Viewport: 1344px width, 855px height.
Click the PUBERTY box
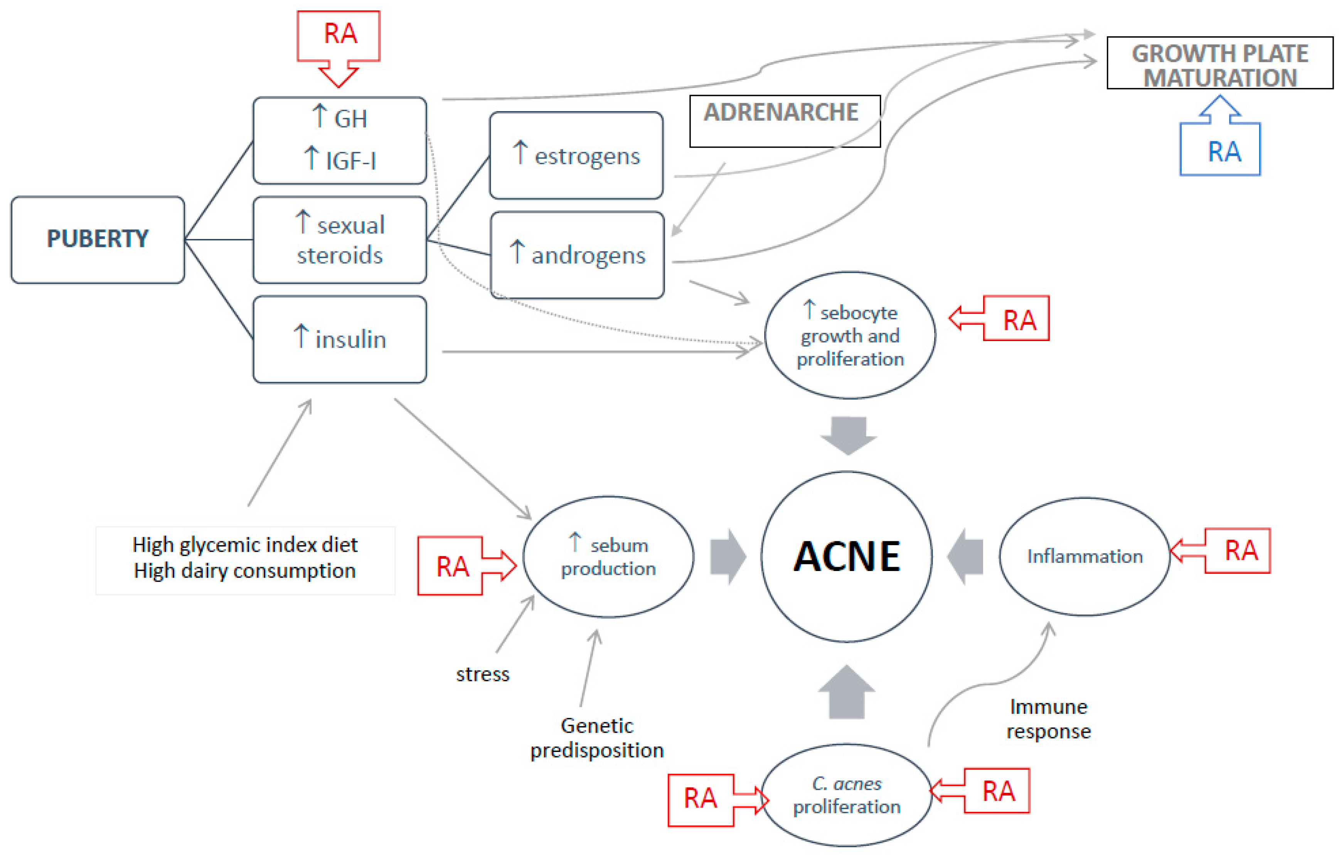click(98, 240)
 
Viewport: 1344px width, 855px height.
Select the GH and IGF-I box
click(339, 140)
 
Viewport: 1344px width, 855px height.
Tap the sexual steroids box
click(339, 240)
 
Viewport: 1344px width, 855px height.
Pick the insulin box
click(339, 339)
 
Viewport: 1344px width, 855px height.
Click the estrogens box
click(576, 155)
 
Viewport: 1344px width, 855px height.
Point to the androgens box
click(577, 255)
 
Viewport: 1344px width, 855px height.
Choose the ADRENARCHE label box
click(784, 121)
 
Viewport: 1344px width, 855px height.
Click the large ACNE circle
click(846, 556)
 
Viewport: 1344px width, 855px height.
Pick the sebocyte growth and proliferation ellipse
click(849, 335)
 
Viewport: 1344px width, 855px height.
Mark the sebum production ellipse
click(608, 557)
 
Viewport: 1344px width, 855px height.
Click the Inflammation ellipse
click(1085, 556)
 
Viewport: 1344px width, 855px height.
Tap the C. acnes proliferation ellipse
click(846, 795)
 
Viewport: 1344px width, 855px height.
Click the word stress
click(482, 674)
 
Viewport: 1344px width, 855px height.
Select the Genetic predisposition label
click(597, 738)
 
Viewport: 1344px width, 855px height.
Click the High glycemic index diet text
click(245, 544)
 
